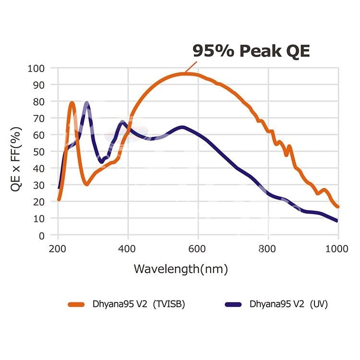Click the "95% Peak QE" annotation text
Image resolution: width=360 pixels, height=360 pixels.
point(251,51)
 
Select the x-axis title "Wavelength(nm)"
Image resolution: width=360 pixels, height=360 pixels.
point(180,269)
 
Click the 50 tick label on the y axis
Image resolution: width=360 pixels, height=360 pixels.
point(38,152)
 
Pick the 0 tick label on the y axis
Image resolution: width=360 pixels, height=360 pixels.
point(41,235)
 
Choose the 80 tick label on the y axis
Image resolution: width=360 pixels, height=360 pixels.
point(38,102)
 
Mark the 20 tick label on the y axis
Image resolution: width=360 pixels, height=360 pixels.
point(38,202)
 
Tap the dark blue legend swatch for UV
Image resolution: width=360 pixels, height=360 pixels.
point(234,304)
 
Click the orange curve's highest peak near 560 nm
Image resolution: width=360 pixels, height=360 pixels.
point(185,73)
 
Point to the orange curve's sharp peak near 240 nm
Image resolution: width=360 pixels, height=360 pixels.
point(72,103)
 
